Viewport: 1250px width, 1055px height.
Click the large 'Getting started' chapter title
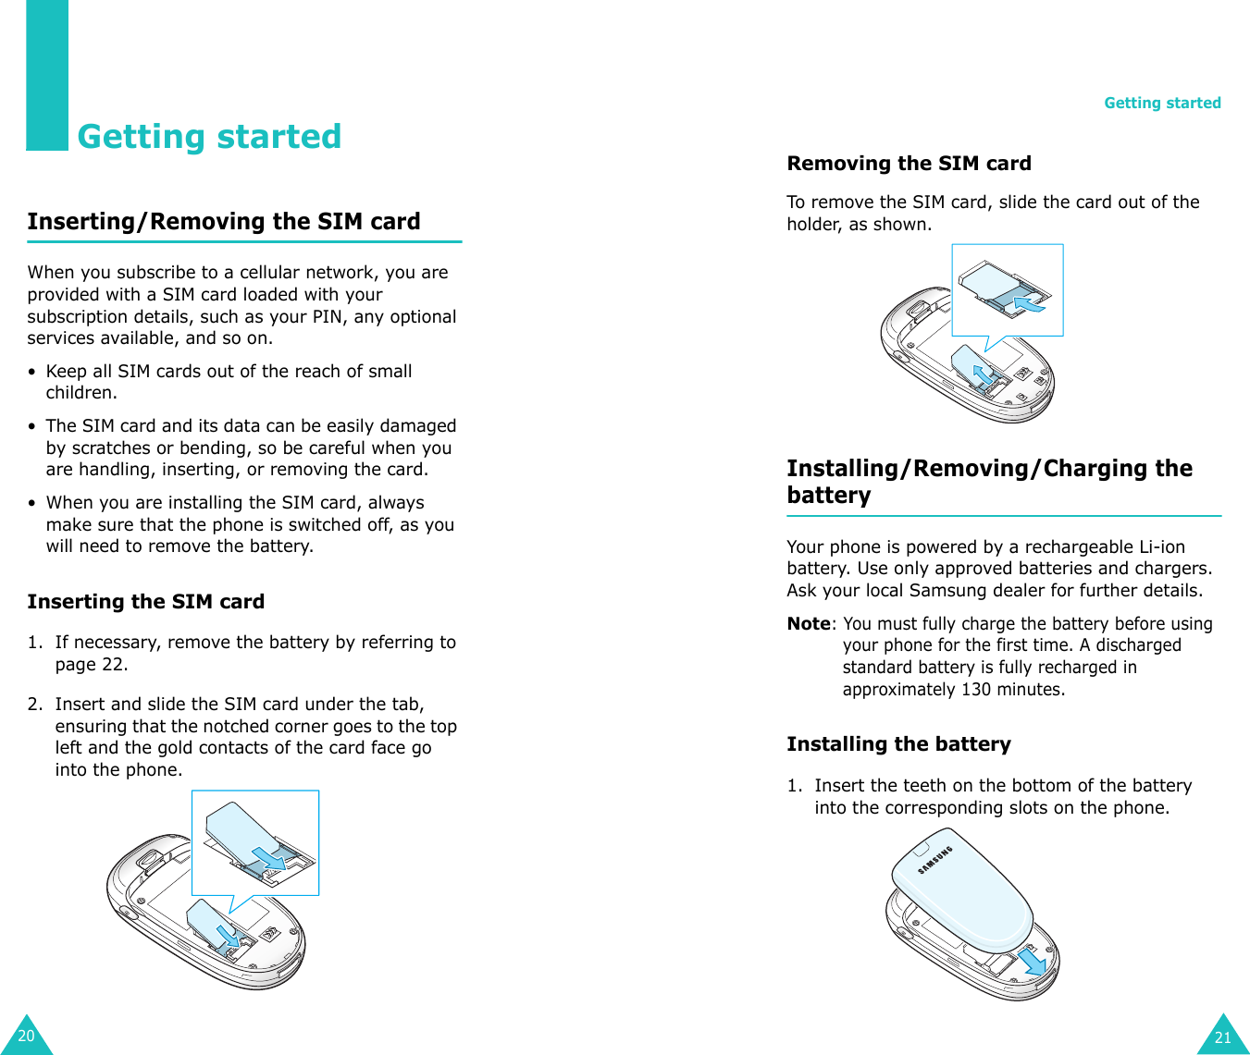(x=209, y=137)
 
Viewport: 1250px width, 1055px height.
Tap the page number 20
(x=26, y=1036)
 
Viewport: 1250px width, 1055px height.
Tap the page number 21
(x=1222, y=1037)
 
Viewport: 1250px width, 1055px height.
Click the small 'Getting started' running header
(x=1162, y=103)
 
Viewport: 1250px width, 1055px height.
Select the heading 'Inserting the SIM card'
(x=145, y=602)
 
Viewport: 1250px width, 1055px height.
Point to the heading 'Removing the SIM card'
(x=909, y=164)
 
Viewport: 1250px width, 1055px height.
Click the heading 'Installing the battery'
(x=898, y=744)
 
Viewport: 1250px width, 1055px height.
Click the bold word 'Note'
(x=808, y=624)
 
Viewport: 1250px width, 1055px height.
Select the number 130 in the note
(x=975, y=690)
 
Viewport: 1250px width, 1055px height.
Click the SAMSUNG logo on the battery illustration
(x=934, y=860)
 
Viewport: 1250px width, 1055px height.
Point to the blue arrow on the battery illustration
(x=1032, y=962)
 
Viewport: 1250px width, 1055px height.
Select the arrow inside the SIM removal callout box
(x=1028, y=302)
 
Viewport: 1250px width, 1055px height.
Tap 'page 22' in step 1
(x=91, y=665)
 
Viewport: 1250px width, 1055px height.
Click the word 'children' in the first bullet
(x=80, y=393)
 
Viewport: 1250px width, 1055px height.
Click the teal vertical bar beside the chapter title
(x=46, y=74)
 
